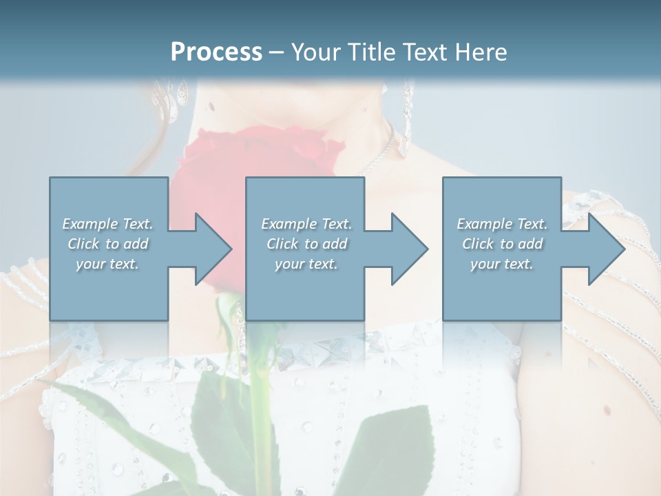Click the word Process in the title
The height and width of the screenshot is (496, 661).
216,52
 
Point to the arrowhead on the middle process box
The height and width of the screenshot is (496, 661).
408,249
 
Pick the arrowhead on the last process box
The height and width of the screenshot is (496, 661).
605,249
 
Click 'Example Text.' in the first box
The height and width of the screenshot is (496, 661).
108,224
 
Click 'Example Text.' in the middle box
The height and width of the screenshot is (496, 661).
306,224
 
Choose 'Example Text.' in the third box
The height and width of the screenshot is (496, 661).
502,224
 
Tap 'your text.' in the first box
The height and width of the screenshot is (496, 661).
107,264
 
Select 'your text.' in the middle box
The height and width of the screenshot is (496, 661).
306,264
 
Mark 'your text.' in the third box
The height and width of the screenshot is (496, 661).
501,264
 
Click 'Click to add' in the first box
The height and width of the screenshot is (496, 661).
108,244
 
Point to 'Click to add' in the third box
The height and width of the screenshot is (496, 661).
502,244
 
